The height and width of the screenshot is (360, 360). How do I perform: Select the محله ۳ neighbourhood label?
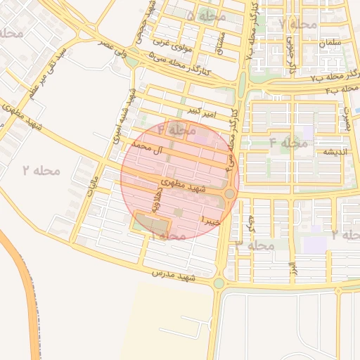255,245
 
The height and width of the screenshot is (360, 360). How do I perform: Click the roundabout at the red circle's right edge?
230,193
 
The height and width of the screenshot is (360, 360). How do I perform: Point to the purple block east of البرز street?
315,245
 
